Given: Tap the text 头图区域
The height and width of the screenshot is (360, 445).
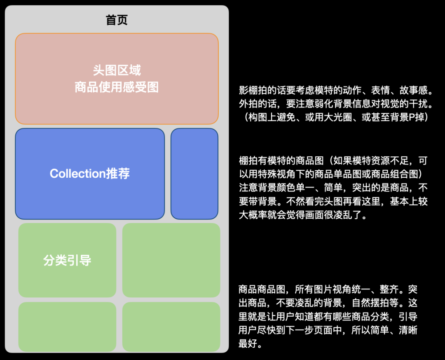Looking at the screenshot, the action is click(117, 70).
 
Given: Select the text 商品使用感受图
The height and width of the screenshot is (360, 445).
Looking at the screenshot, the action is click(117, 87).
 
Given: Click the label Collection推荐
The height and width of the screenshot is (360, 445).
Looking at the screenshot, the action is click(90, 174).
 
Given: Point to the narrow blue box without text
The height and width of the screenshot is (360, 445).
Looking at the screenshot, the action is click(194, 174).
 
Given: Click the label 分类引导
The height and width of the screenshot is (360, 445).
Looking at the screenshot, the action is click(67, 260).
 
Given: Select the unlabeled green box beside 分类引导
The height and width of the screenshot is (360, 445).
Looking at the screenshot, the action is click(171, 260).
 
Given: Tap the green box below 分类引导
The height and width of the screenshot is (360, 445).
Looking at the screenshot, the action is click(67, 327).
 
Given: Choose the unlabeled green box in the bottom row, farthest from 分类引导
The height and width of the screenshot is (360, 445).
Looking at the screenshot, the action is click(171, 327).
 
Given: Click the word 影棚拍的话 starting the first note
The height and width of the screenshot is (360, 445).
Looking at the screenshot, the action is click(259, 90).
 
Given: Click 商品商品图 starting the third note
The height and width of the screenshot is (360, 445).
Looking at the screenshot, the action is click(259, 289).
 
